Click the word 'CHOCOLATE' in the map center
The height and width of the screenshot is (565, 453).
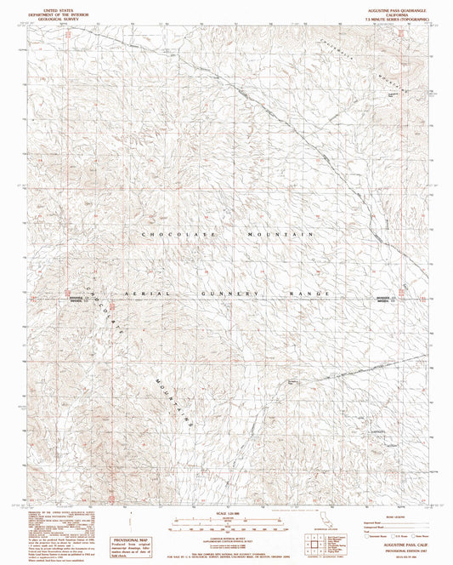click(x=170, y=233)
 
